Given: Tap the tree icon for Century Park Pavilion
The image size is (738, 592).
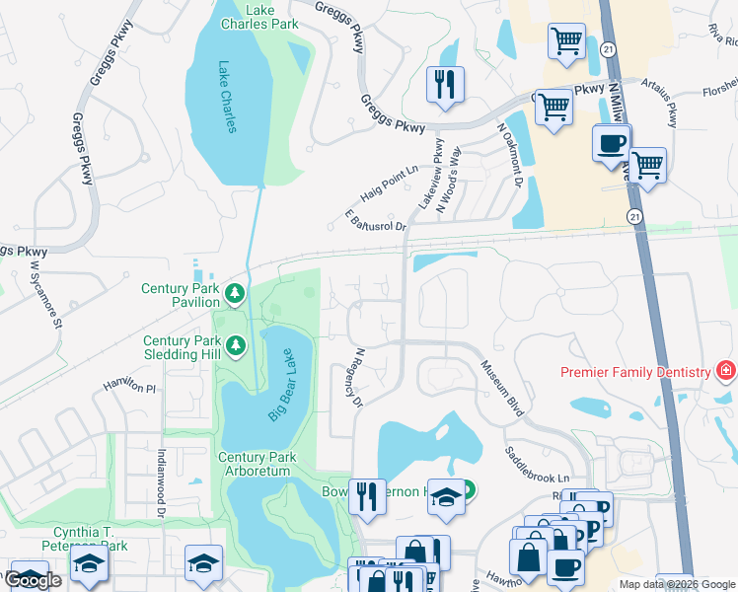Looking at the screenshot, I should click(235, 293).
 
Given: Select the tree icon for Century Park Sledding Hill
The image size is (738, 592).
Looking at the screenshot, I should click(235, 344).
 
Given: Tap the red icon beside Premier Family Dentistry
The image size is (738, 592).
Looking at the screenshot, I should click(726, 372).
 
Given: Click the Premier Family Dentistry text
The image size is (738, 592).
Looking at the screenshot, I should click(635, 372).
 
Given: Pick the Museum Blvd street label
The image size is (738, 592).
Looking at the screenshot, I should click(499, 388).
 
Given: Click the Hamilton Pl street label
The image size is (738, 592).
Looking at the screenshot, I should click(130, 386).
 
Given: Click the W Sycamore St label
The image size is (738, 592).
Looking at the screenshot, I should click(45, 295).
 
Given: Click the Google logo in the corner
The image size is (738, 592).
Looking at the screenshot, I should click(33, 580).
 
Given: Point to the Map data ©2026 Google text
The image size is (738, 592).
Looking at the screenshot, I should click(677, 584).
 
